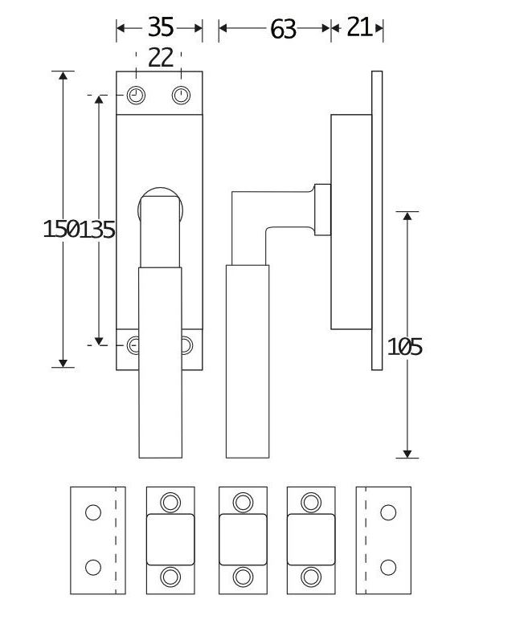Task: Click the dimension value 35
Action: tap(160, 27)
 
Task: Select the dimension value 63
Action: tap(283, 29)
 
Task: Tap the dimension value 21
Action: tap(359, 27)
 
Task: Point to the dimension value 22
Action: tap(160, 57)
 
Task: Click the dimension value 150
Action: tap(61, 230)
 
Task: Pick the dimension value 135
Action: tap(98, 230)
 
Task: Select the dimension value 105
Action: tap(405, 347)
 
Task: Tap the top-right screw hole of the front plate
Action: tap(182, 96)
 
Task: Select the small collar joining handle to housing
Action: tap(322, 210)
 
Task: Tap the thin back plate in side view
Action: tap(377, 221)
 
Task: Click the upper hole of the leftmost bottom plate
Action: tap(93, 512)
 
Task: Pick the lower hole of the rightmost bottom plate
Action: tap(387, 568)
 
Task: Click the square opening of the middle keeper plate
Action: tap(243, 540)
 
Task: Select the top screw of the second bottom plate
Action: tap(170, 503)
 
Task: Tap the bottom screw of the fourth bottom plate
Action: tap(310, 576)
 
